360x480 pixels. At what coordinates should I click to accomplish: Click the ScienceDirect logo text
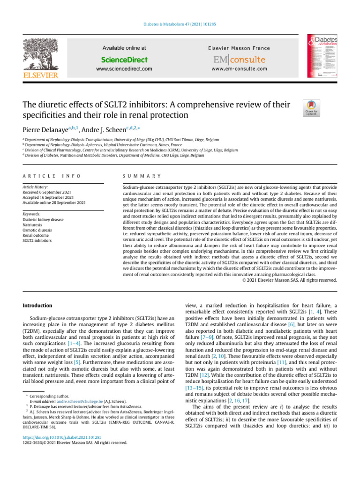[x=124, y=60]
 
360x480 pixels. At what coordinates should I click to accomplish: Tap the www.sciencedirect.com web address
[x=124, y=69]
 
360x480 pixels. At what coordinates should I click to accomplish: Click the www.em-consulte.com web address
[x=239, y=69]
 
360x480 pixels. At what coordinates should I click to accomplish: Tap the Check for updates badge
[x=310, y=108]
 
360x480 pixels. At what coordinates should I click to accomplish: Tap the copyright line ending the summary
[x=290, y=280]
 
